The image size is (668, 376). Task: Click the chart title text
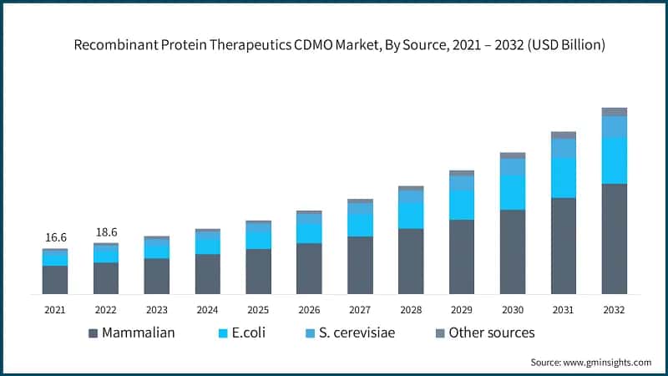334,45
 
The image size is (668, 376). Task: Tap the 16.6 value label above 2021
55,237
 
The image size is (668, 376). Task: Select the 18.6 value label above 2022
105,231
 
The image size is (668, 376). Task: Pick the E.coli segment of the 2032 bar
615,160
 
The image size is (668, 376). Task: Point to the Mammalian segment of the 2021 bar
55,279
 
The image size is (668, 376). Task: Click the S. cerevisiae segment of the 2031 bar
564,148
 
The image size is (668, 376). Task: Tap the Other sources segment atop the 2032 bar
615,111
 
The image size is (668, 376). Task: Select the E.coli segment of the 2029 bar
462,204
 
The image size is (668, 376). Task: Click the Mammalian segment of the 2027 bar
360,265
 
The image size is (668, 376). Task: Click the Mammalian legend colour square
93,333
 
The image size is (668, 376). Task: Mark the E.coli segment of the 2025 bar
258,240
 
